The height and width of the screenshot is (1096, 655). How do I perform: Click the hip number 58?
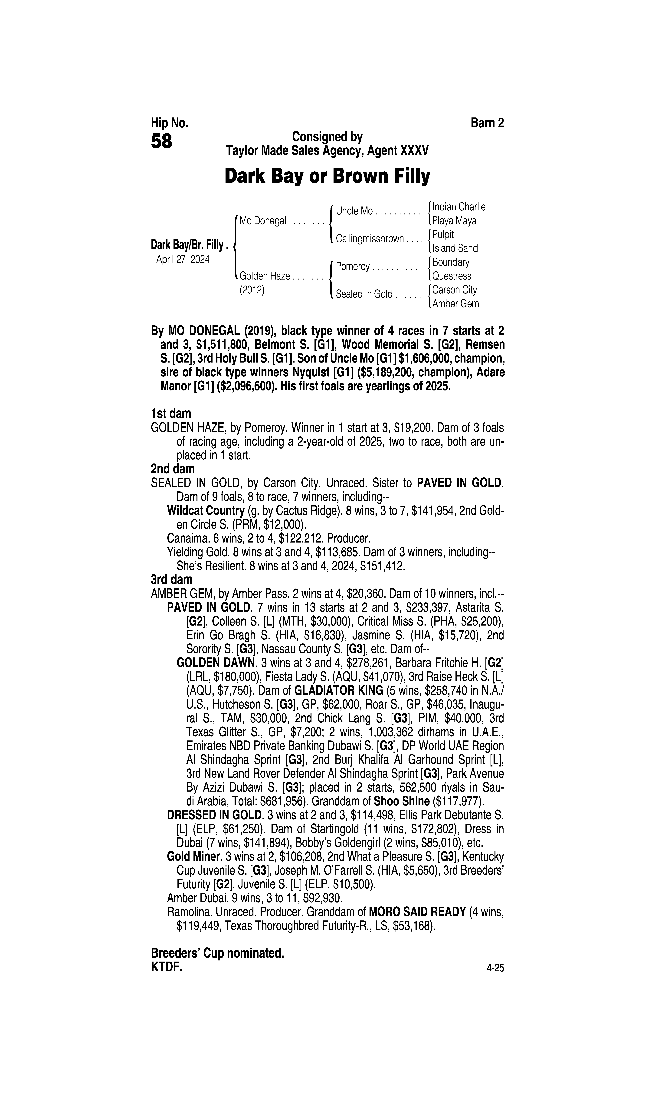(x=162, y=142)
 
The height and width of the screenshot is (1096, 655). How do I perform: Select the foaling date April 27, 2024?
(x=183, y=260)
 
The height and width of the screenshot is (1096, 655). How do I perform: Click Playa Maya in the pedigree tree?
(x=454, y=221)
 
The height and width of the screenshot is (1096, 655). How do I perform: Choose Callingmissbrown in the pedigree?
(x=369, y=239)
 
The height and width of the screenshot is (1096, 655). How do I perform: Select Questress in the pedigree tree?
(x=452, y=276)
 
